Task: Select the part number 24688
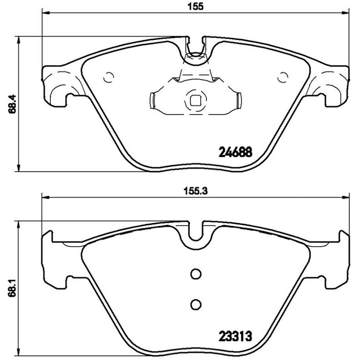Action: tap(235, 153)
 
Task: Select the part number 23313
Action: tap(235, 337)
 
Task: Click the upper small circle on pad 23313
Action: tap(195, 273)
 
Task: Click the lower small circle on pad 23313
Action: tap(195, 304)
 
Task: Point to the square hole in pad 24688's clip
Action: tap(195, 100)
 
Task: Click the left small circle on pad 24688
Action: tap(108, 77)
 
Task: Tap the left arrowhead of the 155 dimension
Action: tap(45, 12)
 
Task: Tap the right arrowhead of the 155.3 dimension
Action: tap(346, 197)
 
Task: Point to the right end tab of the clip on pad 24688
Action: tap(239, 100)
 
